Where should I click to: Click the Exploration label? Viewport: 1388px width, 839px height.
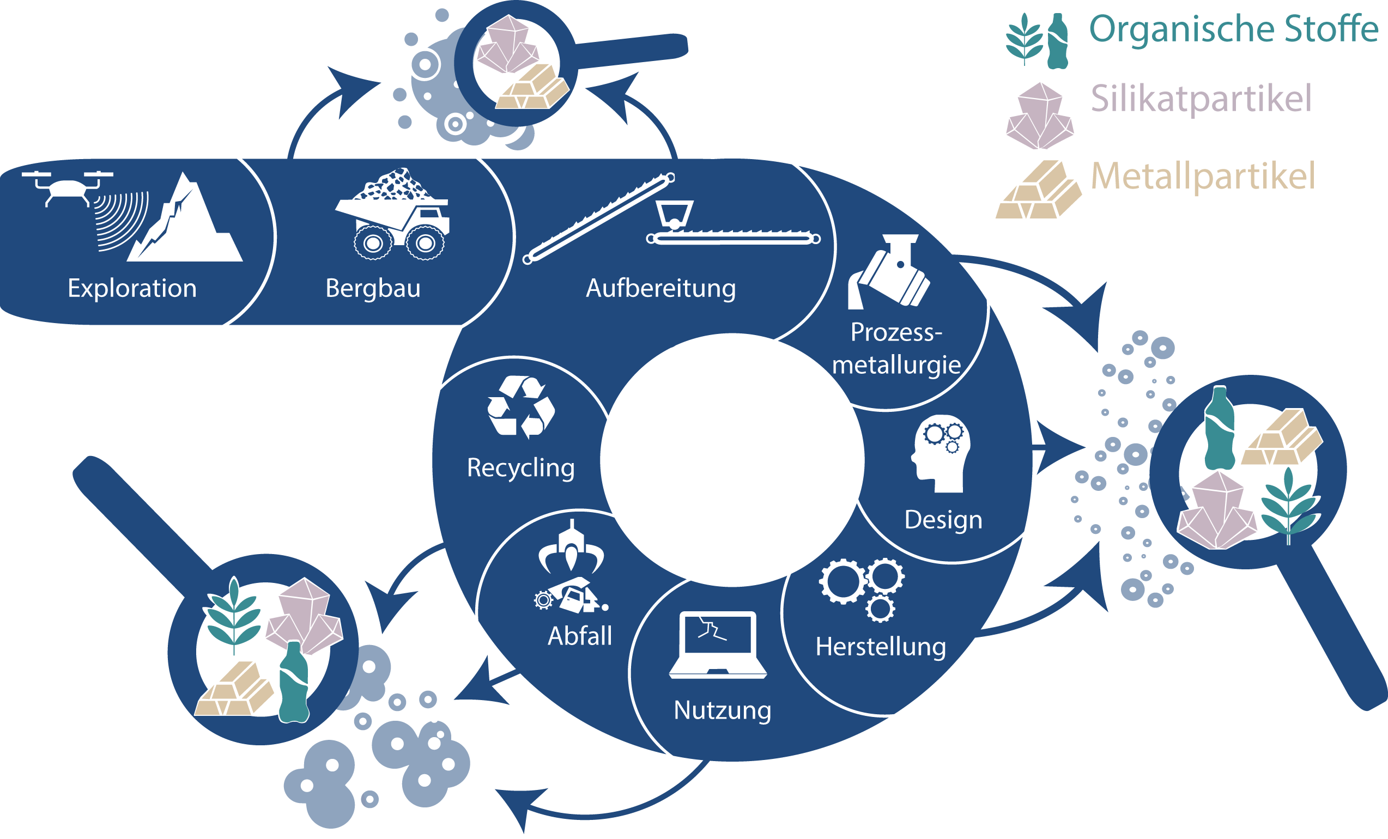(132, 288)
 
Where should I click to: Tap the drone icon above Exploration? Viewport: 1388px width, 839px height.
(68, 187)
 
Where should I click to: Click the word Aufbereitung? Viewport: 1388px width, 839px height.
(661, 288)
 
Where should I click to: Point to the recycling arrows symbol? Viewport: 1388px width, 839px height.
(521, 406)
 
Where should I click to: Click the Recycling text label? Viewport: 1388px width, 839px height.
(521, 467)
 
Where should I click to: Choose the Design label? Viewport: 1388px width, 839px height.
(943, 519)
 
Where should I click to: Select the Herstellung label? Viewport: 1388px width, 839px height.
(881, 647)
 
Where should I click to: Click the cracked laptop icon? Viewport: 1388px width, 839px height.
(718, 644)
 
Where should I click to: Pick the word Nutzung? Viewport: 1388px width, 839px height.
(722, 710)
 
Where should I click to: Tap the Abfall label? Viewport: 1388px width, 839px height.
(580, 636)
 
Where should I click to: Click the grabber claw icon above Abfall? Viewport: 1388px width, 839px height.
(571, 549)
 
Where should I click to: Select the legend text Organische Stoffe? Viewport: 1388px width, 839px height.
(1234, 29)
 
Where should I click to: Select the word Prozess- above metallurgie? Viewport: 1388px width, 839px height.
(896, 332)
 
